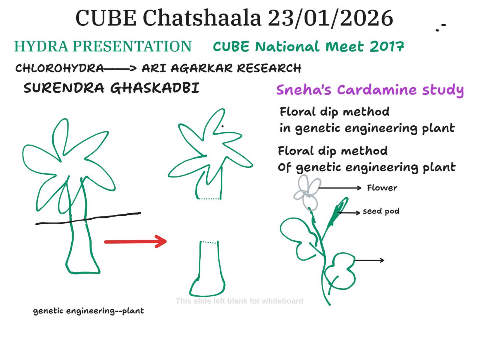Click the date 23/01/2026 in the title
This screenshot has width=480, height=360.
pos(330,18)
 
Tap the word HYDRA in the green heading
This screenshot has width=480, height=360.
pos(41,46)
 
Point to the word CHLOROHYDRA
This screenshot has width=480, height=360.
pos(59,68)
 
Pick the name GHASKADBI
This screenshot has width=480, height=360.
pos(154,88)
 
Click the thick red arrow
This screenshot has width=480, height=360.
pos(136,241)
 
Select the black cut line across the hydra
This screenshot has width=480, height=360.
pos(88,218)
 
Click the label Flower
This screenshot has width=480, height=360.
pos(382,188)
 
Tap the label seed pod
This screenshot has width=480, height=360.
pos(381,211)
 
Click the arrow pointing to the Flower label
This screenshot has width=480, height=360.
pos(340,188)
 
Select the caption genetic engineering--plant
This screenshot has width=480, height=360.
pos(88,311)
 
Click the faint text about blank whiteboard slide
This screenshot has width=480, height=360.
pos(239,301)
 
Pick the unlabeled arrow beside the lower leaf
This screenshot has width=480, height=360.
pos(369,260)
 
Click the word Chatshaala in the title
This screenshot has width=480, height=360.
pos(202,18)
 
